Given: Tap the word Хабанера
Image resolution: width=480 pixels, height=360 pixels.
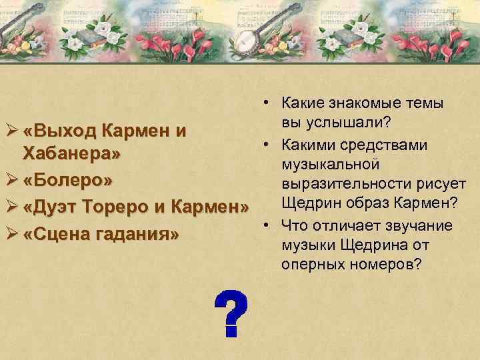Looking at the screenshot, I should click(73, 155).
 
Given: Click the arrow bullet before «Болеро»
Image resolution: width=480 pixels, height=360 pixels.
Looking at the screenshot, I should click(10, 181).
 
